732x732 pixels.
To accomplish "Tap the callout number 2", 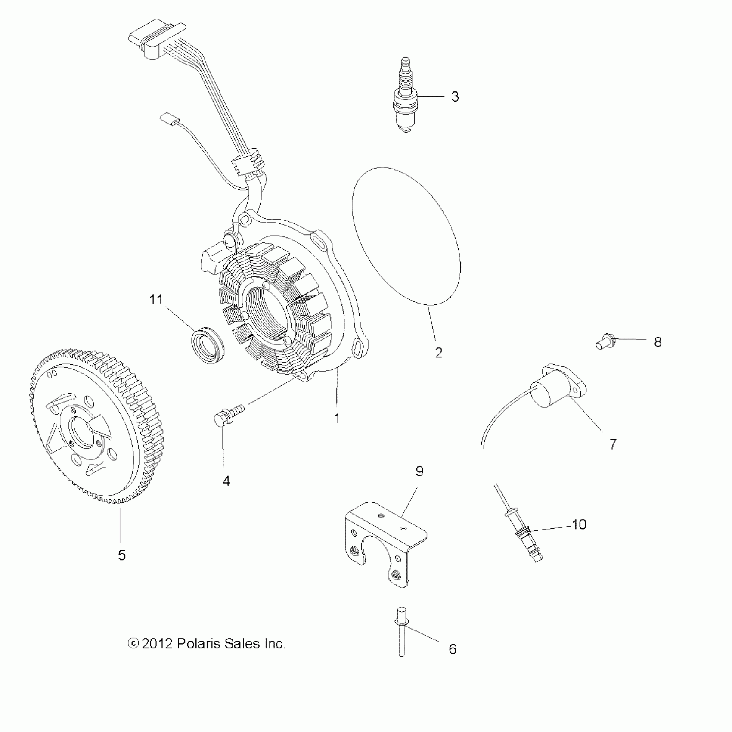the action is click(x=439, y=353).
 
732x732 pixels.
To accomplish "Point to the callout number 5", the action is click(x=122, y=555).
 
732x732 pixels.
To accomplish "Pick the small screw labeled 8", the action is click(x=605, y=343).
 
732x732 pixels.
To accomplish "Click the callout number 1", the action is click(x=337, y=418).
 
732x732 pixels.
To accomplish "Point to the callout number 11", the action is click(x=156, y=299).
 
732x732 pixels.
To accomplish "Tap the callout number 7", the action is click(x=613, y=444).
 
